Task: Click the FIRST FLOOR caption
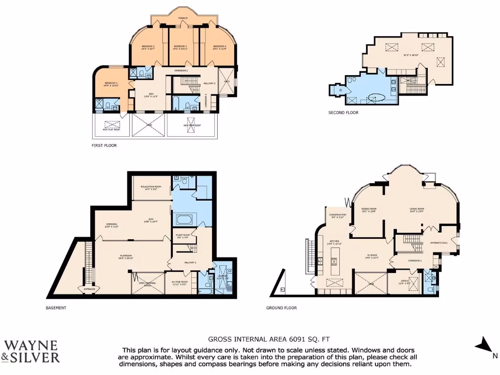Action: click(104, 146)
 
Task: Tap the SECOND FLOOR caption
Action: click(343, 113)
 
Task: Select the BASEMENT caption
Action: click(56, 308)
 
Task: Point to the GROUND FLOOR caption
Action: click(281, 308)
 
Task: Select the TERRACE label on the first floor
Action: click(182, 19)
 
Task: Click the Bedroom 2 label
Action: click(148, 46)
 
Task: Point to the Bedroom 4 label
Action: click(220, 46)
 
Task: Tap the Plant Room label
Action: click(183, 236)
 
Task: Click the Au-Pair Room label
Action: click(180, 283)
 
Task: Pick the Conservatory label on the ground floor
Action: click(337, 215)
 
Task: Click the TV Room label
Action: click(373, 256)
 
